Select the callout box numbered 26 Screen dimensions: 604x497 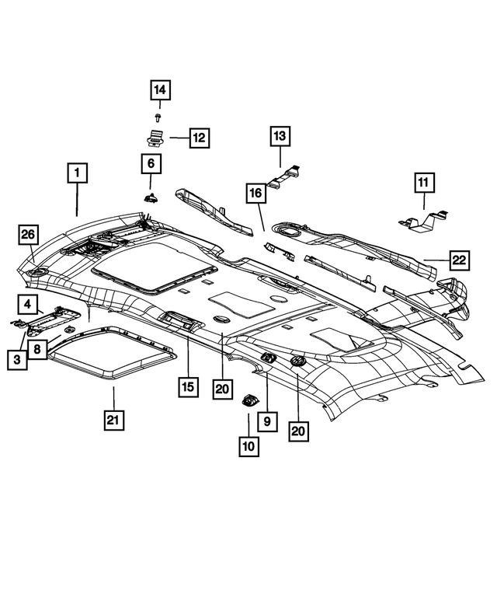pyautogui.click(x=29, y=235)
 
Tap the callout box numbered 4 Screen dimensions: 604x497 pyautogui.click(x=26, y=304)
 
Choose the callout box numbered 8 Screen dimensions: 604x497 pyautogui.click(x=37, y=351)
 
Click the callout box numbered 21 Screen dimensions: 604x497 pyautogui.click(x=113, y=420)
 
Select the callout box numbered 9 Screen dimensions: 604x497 pyautogui.click(x=266, y=421)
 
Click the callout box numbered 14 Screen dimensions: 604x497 pyautogui.click(x=160, y=92)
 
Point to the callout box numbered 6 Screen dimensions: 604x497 pyautogui.click(x=151, y=164)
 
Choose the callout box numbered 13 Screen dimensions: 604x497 pyautogui.click(x=280, y=137)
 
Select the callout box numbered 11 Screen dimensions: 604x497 pyautogui.click(x=424, y=183)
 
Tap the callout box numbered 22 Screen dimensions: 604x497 pyautogui.click(x=460, y=260)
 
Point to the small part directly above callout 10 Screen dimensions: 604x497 pyautogui.click(x=248, y=401)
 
